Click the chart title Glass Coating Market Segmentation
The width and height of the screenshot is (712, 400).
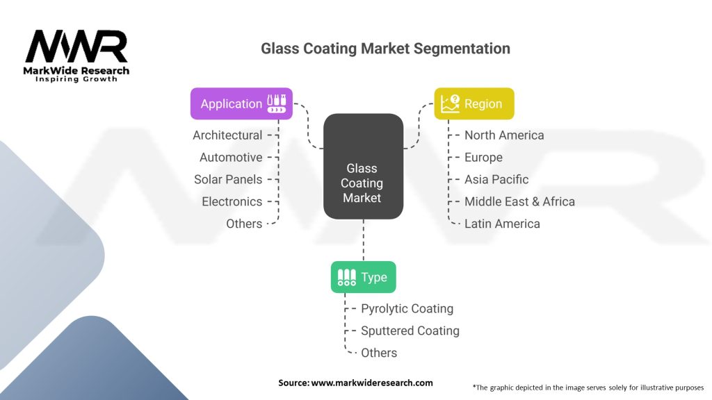coord(385,49)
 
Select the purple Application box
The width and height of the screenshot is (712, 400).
coord(241,103)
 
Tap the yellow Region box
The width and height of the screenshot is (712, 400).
coord(474,103)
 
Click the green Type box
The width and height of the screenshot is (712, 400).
coord(363,277)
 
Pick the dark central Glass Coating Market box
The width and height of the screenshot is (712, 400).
coord(363,167)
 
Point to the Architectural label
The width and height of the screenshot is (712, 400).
coord(227,135)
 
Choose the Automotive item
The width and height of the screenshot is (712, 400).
coord(231,157)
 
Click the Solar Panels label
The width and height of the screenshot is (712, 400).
coord(228,179)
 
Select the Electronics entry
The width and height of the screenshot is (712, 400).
coord(232,201)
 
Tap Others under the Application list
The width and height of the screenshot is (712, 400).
coord(244,224)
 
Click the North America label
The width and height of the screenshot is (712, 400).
coord(504,135)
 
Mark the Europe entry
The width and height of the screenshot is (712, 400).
coord(483,157)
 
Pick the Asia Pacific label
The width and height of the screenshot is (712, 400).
coord(496,179)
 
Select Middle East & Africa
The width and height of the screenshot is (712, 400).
coord(519,201)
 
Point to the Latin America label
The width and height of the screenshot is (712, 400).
coord(502,224)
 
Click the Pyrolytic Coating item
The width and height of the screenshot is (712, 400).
coord(407,308)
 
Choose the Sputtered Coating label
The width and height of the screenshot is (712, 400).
coord(410,331)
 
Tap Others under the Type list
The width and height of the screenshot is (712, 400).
coord(379,353)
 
